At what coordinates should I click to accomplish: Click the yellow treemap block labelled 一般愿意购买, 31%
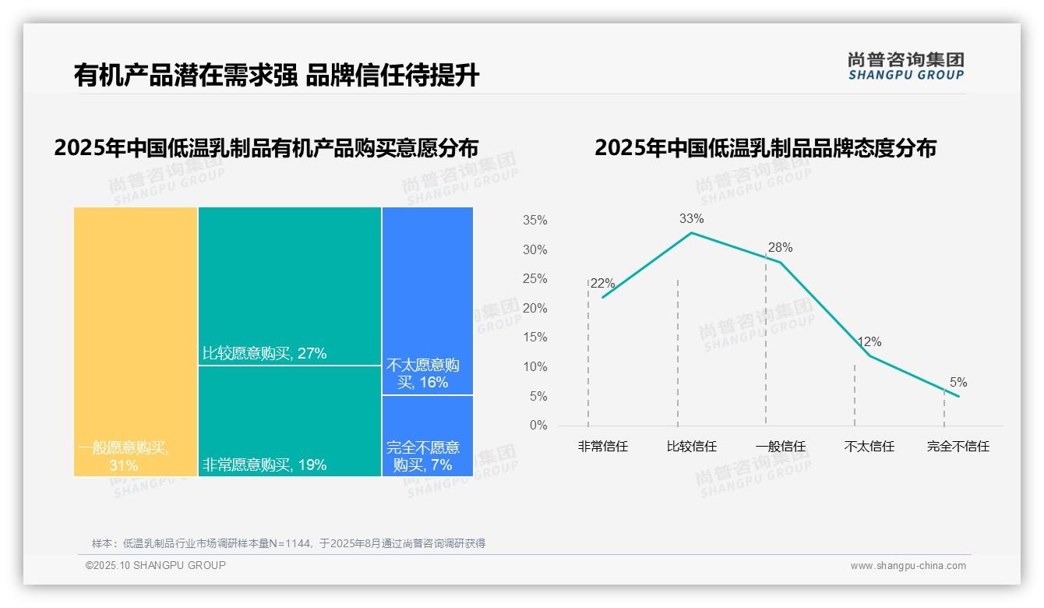pos(136,341)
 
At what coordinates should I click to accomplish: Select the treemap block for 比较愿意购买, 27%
pos(290,285)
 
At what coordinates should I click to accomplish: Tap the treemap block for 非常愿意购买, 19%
pos(290,421)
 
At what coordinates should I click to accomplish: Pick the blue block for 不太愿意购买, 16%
pos(428,300)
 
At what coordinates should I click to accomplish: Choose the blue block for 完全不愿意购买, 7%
pos(428,435)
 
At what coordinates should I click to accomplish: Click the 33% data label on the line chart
pos(691,218)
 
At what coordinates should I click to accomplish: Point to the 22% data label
pos(603,284)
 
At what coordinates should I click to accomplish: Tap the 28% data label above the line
pos(780,248)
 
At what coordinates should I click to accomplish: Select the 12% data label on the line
pos(869,342)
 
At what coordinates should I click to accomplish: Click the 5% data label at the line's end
pos(958,383)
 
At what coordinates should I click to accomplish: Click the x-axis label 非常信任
pos(602,447)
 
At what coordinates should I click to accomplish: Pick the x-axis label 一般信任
pos(780,447)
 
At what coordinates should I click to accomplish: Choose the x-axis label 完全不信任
pos(958,447)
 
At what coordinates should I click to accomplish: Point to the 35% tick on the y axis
pos(534,221)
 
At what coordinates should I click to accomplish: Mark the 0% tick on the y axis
pos(538,426)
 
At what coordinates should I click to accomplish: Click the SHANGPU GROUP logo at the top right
pos(905,66)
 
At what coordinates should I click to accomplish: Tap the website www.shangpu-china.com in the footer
pos(908,566)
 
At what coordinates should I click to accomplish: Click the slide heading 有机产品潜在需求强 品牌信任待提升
pos(277,76)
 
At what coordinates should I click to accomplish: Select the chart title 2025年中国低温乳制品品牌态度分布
pos(765,148)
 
